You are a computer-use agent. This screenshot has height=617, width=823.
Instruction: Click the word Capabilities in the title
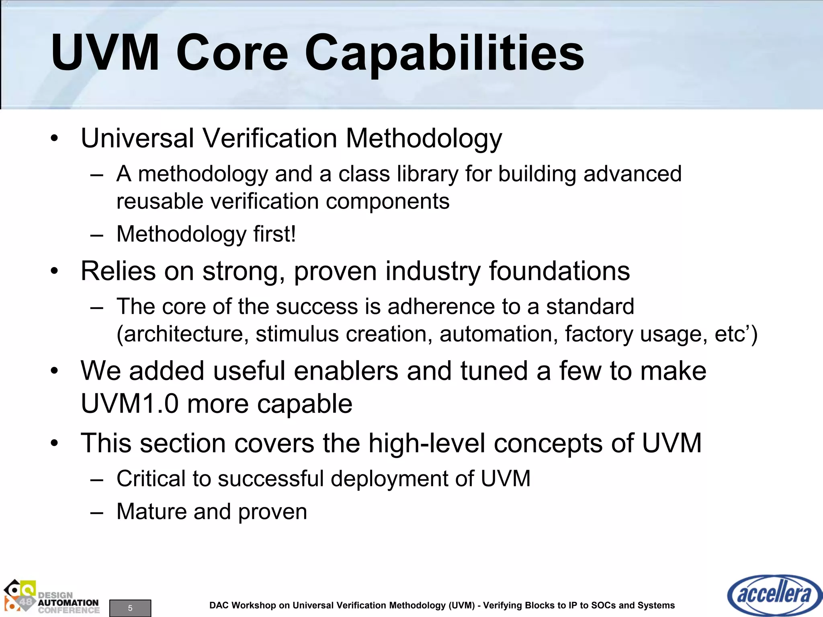(444, 53)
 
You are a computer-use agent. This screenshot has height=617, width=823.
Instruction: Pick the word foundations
(559, 271)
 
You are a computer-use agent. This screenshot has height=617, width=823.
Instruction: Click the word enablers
(346, 370)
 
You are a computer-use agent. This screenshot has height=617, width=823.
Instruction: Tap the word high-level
(426, 443)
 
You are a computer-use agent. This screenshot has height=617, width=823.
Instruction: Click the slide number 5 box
(130, 608)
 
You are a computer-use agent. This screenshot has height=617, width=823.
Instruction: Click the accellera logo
(774, 595)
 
